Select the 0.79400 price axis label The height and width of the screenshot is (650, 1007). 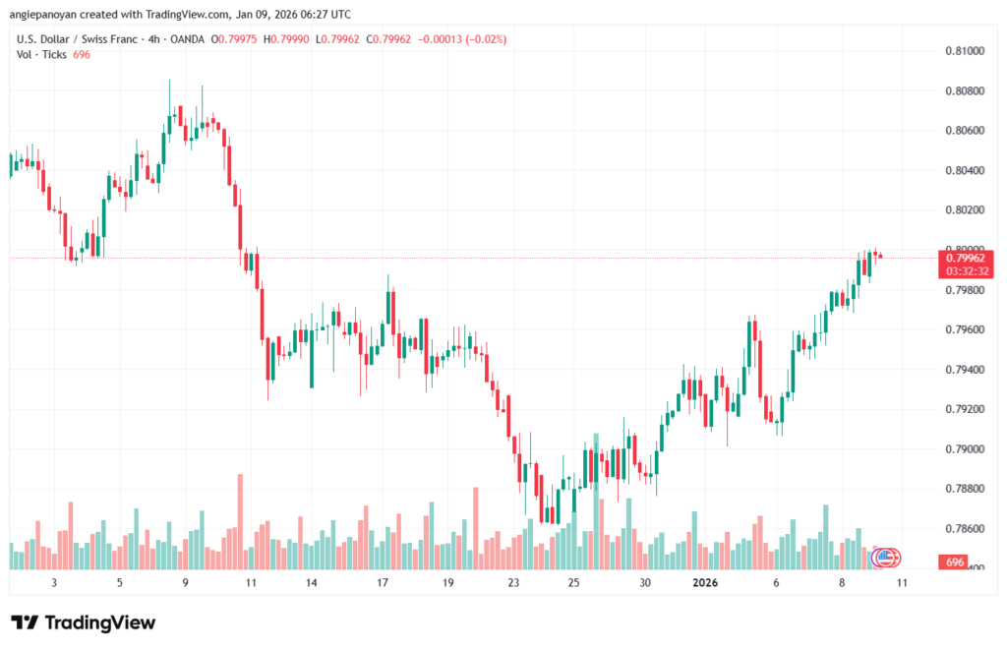coord(964,370)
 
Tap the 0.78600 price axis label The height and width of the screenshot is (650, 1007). coord(964,529)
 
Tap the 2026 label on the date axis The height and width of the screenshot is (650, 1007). coord(704,582)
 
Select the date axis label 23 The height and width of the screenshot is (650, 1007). coord(513,582)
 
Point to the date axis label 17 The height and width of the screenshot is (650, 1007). coord(382,582)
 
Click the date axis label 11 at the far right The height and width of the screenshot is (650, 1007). coord(902,582)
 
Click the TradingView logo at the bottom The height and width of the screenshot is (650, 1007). coord(83,622)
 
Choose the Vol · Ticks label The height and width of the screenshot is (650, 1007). coord(42,54)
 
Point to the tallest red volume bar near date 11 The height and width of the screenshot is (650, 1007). coord(239,521)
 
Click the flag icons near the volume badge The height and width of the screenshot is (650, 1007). coord(885,558)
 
